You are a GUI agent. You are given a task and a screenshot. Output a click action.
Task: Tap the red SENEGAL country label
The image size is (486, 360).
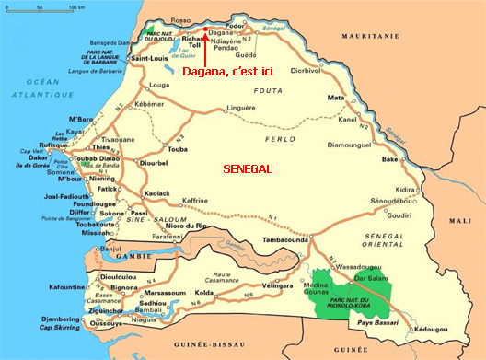coord(248,168)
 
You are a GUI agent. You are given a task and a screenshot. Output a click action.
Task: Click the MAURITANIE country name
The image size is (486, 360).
coord(372,36)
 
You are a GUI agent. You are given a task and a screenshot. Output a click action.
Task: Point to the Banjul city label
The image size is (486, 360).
coord(110,248)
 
